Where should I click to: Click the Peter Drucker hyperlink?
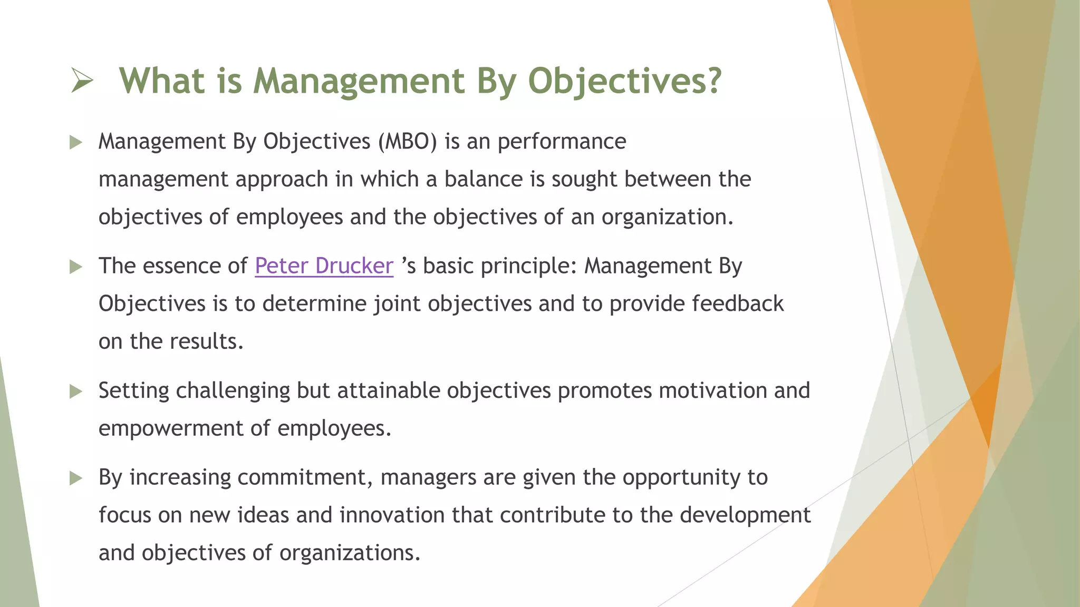(324, 266)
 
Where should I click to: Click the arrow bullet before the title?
(82, 82)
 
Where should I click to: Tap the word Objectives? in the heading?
(624, 82)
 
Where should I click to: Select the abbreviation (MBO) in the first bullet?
(407, 142)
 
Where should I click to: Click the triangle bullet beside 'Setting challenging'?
(76, 391)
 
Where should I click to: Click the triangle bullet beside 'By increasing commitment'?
(76, 478)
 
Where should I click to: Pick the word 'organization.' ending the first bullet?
(667, 217)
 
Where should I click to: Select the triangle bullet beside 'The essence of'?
(76, 267)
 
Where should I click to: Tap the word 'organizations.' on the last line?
(349, 553)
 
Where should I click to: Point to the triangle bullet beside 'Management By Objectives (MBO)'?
(76, 142)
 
